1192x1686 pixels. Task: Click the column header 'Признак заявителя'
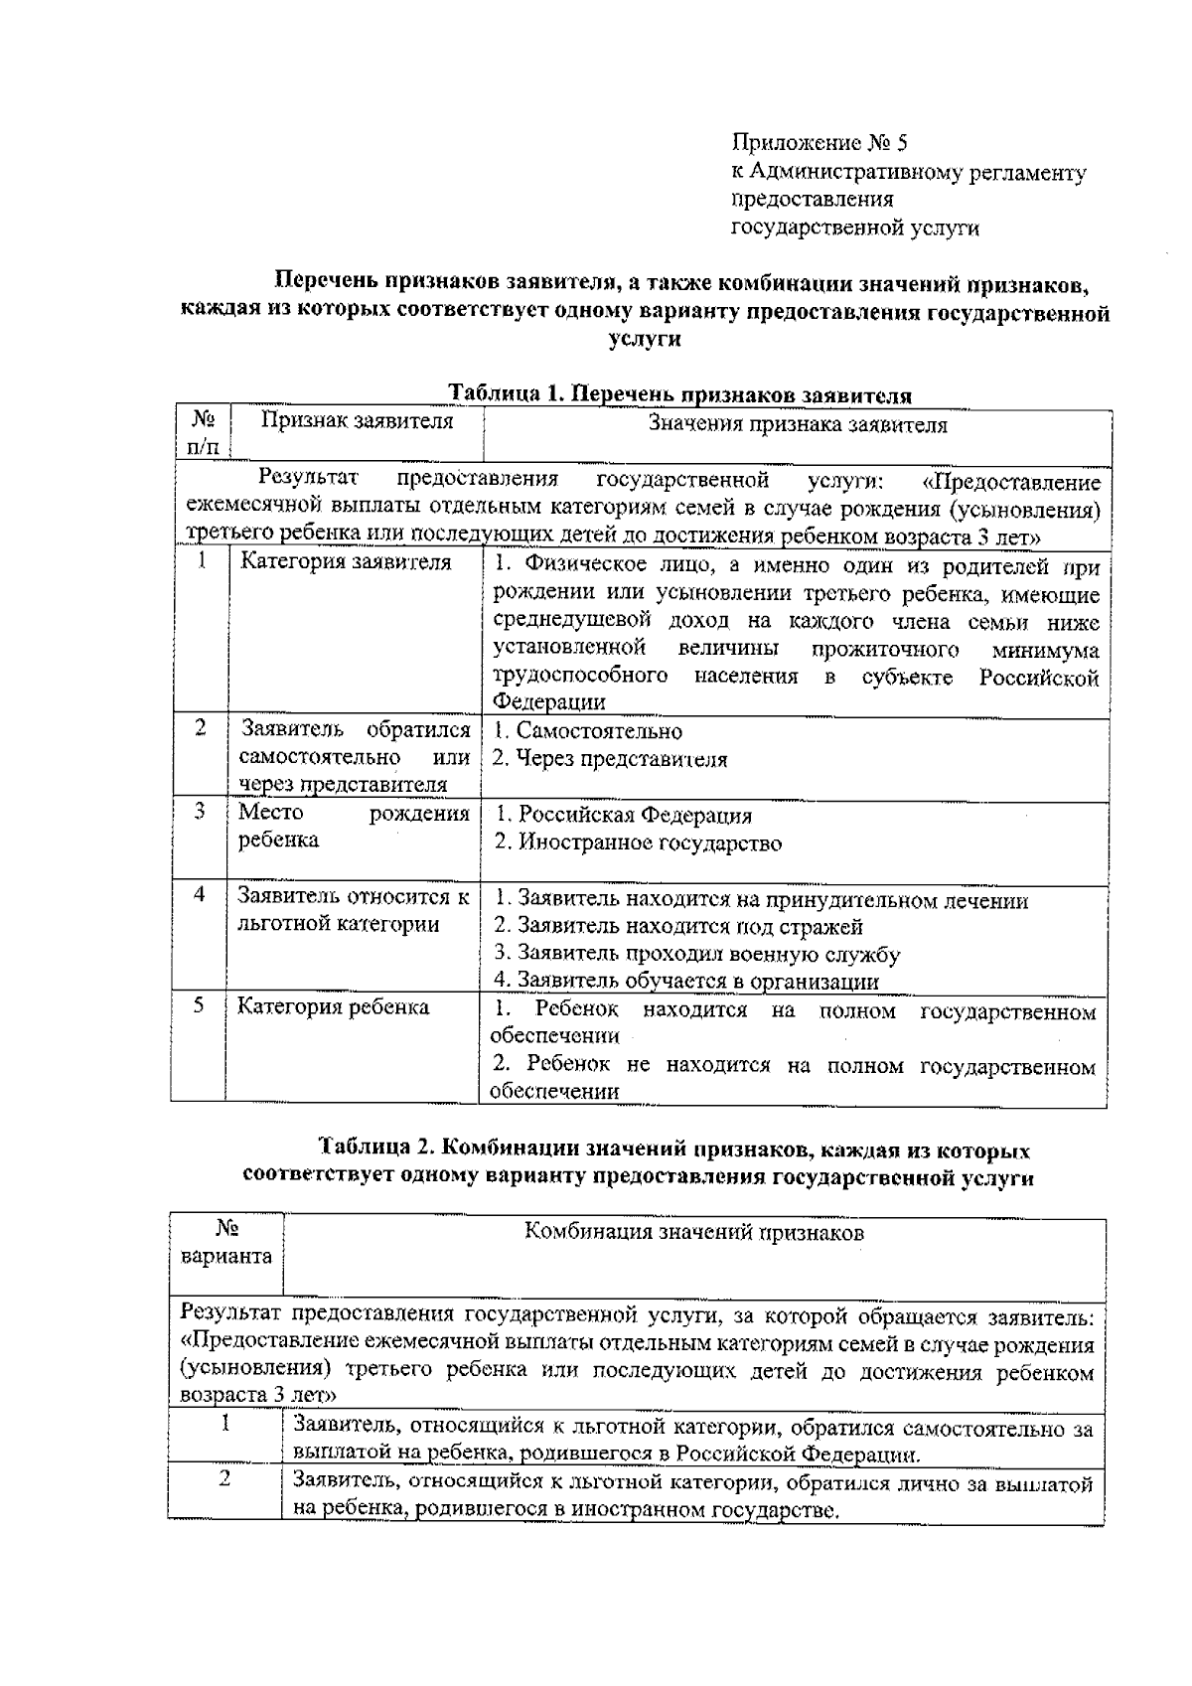point(357,421)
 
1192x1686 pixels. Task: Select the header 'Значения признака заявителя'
point(797,425)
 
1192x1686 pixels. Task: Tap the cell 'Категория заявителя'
point(345,562)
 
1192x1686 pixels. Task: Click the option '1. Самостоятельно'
point(588,731)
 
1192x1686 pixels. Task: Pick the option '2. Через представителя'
point(610,759)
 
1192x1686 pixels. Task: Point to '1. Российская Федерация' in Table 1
point(623,816)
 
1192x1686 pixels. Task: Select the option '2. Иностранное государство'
point(638,843)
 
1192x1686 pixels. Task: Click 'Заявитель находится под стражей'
point(678,927)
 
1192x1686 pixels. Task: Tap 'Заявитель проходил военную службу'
point(697,955)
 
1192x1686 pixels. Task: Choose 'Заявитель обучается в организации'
point(686,982)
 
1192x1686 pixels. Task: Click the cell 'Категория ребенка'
point(333,1007)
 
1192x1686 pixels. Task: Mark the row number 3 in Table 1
point(200,812)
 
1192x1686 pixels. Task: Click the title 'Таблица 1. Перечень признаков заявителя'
point(680,394)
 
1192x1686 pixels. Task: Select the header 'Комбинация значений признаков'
point(693,1233)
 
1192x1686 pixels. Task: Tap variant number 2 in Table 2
point(225,1478)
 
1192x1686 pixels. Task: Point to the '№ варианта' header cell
point(225,1243)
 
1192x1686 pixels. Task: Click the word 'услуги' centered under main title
point(644,340)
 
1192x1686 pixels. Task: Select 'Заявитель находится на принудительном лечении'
point(761,900)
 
